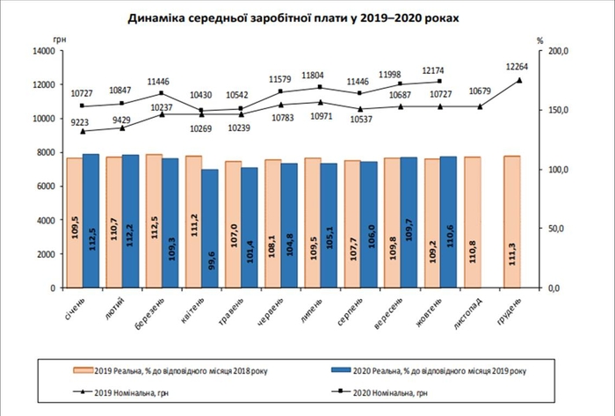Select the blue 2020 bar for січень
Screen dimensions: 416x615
point(90,221)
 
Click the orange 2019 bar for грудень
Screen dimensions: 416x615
point(512,222)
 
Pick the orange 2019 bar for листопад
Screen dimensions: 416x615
point(473,222)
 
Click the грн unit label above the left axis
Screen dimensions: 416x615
point(60,39)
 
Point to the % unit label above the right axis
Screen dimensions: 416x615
point(541,39)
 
